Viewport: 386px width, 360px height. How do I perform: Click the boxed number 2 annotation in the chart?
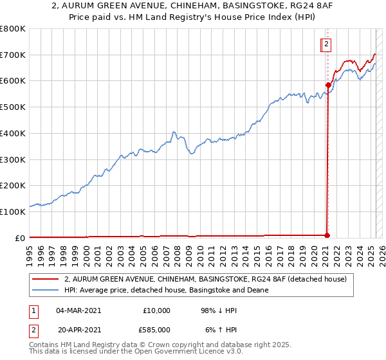coord(327,44)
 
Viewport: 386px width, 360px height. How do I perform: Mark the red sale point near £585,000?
coord(328,85)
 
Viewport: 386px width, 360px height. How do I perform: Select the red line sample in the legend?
coord(46,279)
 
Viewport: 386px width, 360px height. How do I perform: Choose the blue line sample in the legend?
coord(46,290)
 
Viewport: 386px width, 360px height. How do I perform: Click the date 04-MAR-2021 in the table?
coord(78,310)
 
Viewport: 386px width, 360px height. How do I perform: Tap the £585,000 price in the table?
coord(157,329)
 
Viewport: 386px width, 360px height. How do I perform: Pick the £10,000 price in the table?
coord(157,310)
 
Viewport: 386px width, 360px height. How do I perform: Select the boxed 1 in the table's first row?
coord(32,310)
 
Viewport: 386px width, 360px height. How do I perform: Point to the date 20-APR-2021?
coord(78,329)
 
